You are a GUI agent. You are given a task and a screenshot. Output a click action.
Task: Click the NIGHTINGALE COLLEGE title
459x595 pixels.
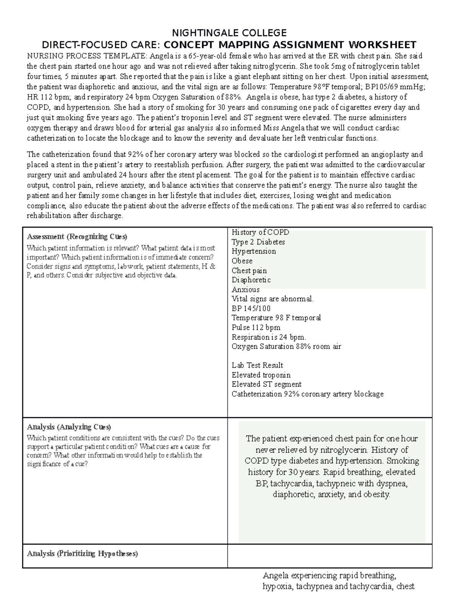pos(229,33)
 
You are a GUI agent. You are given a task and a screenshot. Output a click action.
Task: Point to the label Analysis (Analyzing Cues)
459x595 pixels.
pos(69,427)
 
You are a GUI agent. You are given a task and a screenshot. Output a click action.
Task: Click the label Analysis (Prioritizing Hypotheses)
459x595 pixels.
pos(82,554)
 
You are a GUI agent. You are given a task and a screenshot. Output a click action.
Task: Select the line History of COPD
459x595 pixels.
pos(260,232)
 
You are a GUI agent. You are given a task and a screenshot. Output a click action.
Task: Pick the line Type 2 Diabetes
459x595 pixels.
pos(258,242)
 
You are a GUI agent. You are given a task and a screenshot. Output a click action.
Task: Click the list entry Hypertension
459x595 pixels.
pos(254,251)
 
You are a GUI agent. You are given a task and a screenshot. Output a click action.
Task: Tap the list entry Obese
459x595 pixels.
pos(242,261)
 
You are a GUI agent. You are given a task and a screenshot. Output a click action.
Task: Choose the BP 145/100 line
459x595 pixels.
pos(251,308)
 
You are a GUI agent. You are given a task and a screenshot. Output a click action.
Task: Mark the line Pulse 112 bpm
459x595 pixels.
pos(256,328)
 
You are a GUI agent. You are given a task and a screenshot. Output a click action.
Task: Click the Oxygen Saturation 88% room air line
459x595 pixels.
pos(286,346)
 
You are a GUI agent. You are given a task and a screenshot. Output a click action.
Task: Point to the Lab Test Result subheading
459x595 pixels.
pos(257,365)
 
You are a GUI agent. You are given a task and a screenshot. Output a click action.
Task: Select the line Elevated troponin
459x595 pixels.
pos(261,375)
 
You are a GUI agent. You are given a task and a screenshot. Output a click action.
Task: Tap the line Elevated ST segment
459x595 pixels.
pos(266,384)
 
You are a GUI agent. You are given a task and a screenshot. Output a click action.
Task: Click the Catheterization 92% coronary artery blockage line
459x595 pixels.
pos(308,394)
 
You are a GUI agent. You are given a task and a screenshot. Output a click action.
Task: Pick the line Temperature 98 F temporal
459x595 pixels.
pos(276,318)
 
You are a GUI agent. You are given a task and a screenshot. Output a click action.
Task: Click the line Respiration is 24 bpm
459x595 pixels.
pos(269,337)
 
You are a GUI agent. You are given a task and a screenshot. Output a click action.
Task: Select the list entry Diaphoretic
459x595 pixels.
pos(251,280)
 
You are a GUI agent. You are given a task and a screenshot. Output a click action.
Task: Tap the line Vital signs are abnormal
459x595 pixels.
pos(272,299)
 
